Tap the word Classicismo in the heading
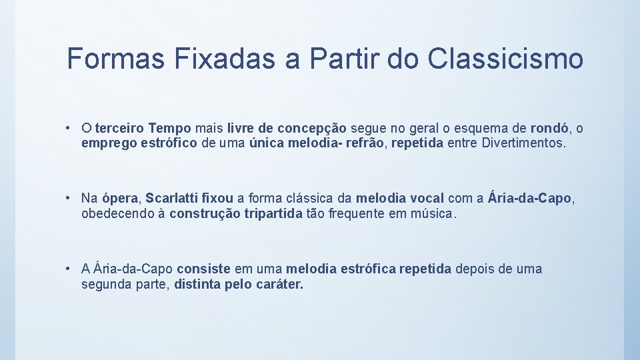point(506,59)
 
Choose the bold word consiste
point(203,269)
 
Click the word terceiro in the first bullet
point(120,127)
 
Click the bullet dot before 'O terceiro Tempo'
point(69,127)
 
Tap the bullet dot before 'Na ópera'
point(69,198)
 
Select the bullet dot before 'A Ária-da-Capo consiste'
point(69,269)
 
